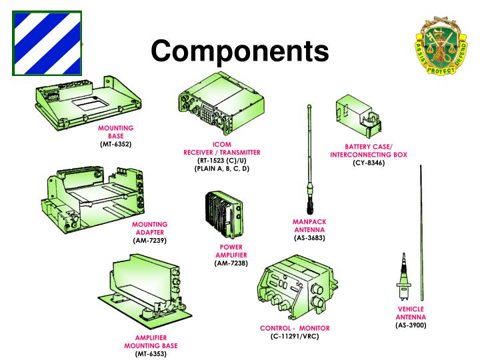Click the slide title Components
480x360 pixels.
pos(239,51)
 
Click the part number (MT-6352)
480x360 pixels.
pos(115,143)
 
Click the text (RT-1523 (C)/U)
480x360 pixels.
pos(221,161)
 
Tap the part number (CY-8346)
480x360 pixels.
pos(368,163)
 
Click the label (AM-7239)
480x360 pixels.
pos(149,240)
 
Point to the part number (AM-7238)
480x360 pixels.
pos(231,263)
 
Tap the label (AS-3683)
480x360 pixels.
pos(309,238)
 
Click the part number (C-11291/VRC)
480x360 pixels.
pos(295,337)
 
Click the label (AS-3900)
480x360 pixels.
pos(411,325)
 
